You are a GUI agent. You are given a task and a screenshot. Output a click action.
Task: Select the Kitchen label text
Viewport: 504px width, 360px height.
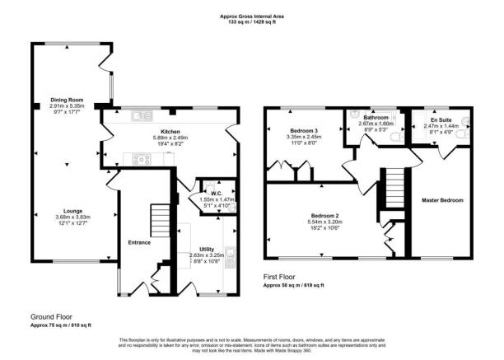(170, 130)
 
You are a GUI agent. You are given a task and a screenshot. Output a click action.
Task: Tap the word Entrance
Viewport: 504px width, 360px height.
(139, 242)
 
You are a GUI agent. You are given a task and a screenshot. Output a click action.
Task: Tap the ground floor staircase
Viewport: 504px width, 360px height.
(157, 219)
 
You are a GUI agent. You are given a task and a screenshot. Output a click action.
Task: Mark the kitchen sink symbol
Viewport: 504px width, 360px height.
(138, 116)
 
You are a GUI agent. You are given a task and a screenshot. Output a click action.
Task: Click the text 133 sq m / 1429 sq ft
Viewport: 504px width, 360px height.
(252, 22)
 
